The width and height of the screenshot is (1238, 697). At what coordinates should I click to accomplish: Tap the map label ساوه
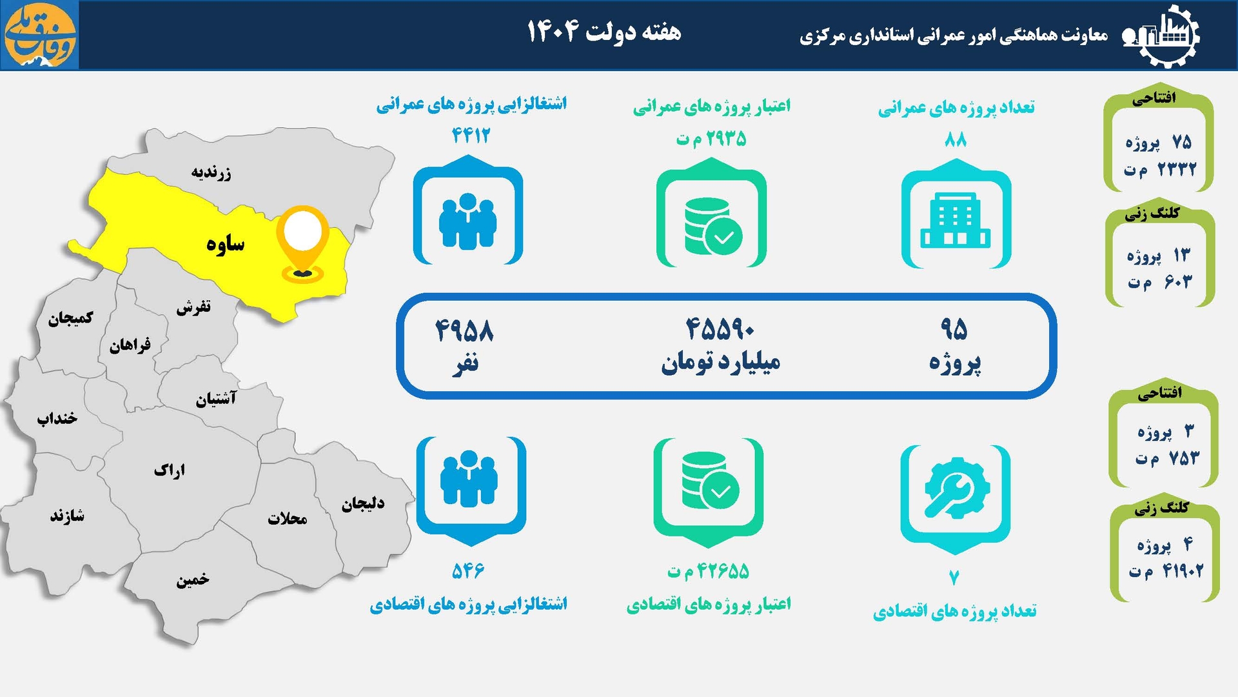tap(226, 244)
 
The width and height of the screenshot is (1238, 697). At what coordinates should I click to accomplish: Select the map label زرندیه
tap(211, 173)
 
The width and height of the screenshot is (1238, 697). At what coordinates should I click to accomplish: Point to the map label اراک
tap(170, 470)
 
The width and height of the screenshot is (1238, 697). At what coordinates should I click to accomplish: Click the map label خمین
tap(193, 580)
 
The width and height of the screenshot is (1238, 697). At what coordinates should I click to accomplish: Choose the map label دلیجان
tap(363, 503)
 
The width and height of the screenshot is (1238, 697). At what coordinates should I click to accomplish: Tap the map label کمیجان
tap(70, 318)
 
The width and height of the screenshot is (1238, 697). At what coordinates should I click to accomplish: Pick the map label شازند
tap(67, 516)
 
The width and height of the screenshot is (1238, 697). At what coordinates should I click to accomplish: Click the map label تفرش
tap(193, 307)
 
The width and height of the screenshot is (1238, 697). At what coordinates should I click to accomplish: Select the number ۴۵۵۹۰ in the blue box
tap(720, 329)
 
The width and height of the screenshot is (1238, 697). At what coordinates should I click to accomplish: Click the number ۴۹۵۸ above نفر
tap(464, 330)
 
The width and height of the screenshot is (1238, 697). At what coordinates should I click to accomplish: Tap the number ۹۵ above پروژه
tap(954, 329)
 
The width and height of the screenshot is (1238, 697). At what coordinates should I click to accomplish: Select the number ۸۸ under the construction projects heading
tap(955, 139)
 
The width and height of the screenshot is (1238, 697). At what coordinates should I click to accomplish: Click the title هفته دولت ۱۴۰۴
tap(604, 31)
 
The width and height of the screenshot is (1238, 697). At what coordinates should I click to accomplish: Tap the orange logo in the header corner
tap(40, 35)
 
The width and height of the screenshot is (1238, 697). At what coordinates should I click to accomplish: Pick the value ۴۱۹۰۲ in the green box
tap(1182, 571)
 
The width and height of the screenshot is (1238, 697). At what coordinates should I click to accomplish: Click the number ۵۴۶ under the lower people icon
tap(467, 571)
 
